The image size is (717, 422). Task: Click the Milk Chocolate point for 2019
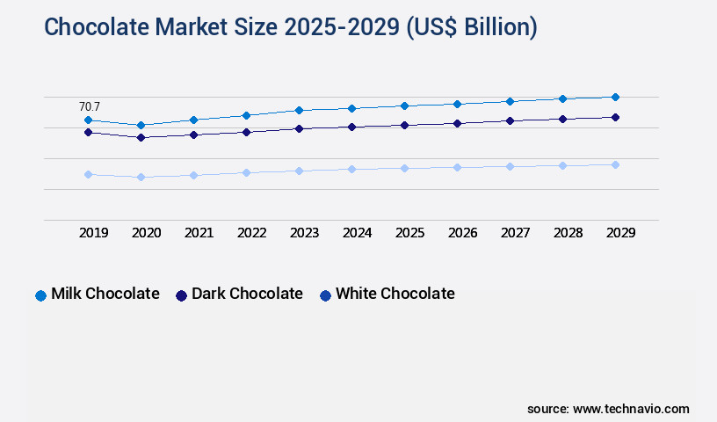pyautogui.click(x=88, y=120)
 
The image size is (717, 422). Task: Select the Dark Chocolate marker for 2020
pyautogui.click(x=141, y=137)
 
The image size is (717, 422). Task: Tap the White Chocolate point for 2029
pyautogui.click(x=615, y=164)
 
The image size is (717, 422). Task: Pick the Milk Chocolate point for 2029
pyautogui.click(x=615, y=97)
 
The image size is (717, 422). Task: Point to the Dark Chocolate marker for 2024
pyautogui.click(x=351, y=127)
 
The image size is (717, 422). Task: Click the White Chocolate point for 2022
pyautogui.click(x=246, y=172)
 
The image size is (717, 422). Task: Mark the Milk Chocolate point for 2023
pyautogui.click(x=299, y=110)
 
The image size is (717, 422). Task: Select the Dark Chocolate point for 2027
pyautogui.click(x=510, y=120)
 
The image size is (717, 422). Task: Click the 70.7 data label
pyautogui.click(x=90, y=106)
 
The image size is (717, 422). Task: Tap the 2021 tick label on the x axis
pyautogui.click(x=199, y=233)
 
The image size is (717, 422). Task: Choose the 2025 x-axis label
pyautogui.click(x=409, y=233)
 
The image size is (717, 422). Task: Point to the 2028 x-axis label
pyautogui.click(x=568, y=233)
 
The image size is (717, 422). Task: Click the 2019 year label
pyautogui.click(x=93, y=233)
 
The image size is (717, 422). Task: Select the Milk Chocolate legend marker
pyautogui.click(x=40, y=295)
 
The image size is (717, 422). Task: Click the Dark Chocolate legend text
pyautogui.click(x=247, y=294)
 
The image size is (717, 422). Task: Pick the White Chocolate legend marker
pyautogui.click(x=325, y=295)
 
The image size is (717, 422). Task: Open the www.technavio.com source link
pyautogui.click(x=631, y=409)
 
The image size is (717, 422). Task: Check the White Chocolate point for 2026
pyautogui.click(x=457, y=167)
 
